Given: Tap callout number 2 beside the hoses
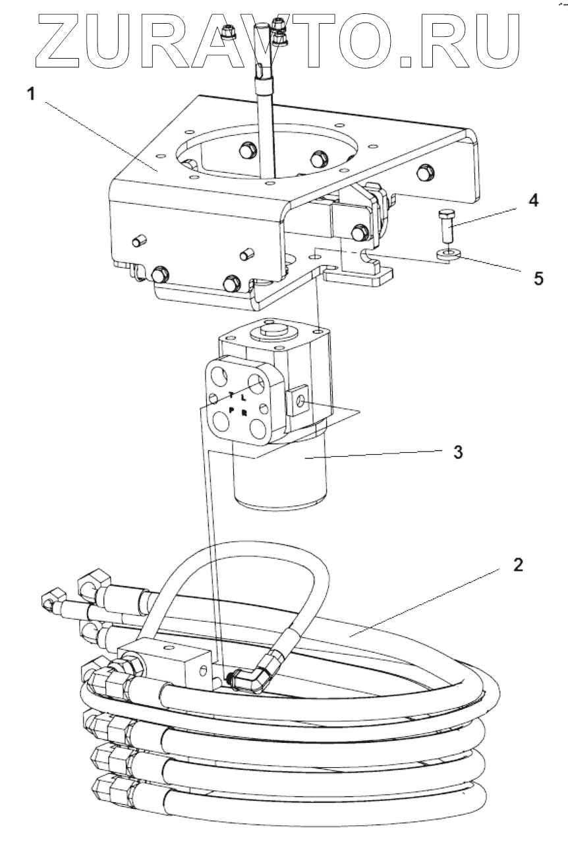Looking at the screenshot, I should (519, 566).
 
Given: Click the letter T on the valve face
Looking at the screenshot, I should (231, 395).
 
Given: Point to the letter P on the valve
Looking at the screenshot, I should (231, 409).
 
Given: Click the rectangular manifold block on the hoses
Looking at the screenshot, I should (176, 662).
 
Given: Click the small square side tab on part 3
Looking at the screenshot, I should (298, 402).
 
